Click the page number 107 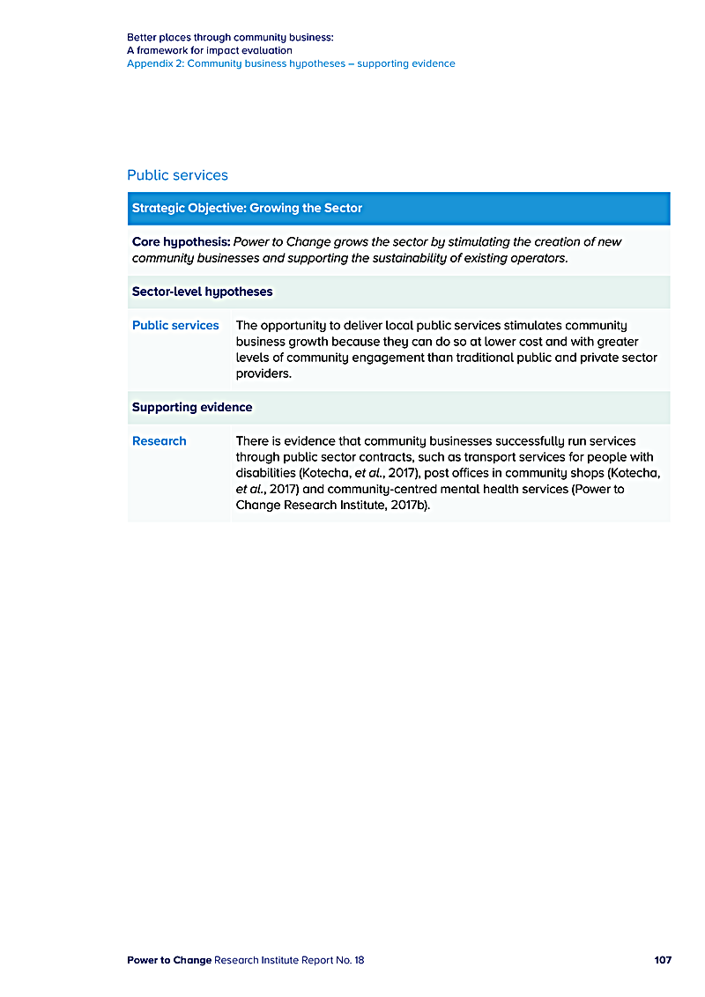click(x=663, y=959)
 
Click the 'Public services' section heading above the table click(x=177, y=175)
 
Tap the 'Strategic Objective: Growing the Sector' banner click(x=247, y=209)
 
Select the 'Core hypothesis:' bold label click(x=181, y=241)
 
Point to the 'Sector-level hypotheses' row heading click(x=202, y=292)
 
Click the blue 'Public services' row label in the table click(x=175, y=325)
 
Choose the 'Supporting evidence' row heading click(x=192, y=407)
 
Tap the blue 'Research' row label click(x=160, y=440)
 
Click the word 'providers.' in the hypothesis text click(x=263, y=373)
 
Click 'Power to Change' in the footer click(x=169, y=959)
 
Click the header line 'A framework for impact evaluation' click(x=210, y=50)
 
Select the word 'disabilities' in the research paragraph click(x=267, y=473)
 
